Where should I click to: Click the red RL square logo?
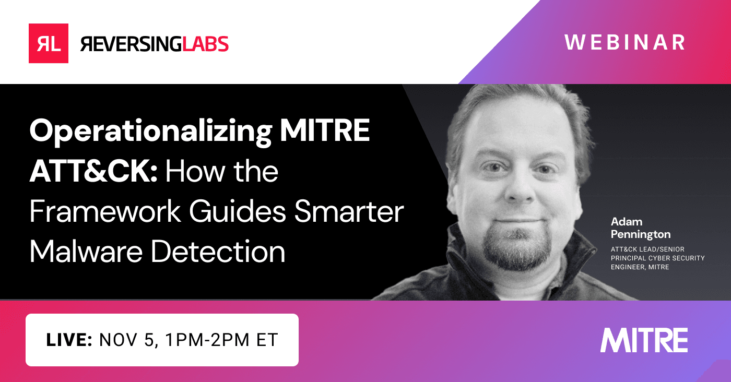coord(49,43)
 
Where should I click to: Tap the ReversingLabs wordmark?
coord(155,44)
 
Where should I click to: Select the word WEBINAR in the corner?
coord(624,42)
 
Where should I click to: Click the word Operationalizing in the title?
coord(149,133)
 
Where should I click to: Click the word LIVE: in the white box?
coord(69,340)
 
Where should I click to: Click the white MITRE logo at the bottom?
coord(644,340)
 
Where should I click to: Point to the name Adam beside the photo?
coord(627,222)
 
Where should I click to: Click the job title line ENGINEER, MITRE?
coord(640,267)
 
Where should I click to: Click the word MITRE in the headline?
coord(325,133)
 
